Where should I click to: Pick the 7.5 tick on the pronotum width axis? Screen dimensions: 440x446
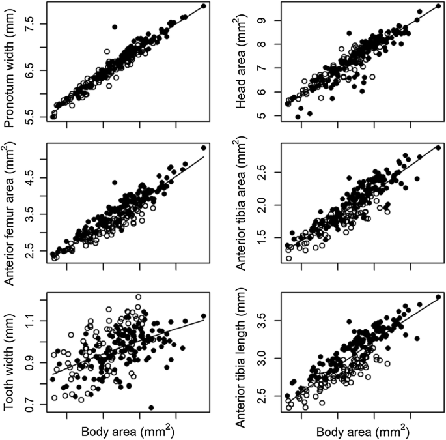[34, 24]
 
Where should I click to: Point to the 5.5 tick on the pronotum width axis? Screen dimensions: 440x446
[34, 117]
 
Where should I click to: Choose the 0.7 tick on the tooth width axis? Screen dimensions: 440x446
[34, 405]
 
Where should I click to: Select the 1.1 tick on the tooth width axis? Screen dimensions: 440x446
[34, 320]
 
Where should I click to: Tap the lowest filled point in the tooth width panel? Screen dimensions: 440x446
[151, 407]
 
